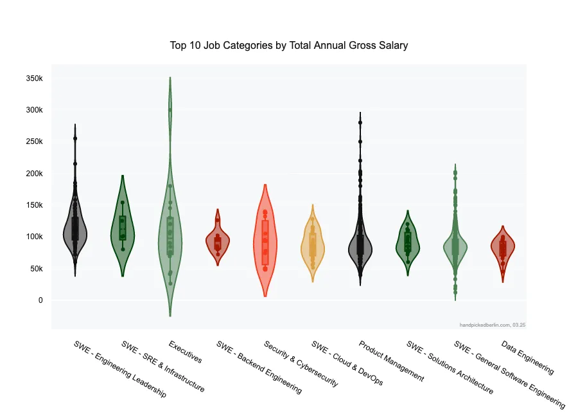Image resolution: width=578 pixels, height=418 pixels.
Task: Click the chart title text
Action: pos(289,46)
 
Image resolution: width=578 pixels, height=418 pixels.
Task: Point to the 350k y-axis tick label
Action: pos(33,78)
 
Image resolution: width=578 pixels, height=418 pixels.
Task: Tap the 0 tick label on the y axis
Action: pos(40,300)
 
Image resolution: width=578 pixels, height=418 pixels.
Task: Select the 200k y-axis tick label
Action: pos(33,174)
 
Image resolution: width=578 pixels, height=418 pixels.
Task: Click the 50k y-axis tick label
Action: pos(35,269)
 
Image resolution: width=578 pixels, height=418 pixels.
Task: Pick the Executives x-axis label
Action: pos(185,352)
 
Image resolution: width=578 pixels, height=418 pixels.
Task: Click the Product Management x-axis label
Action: pos(391,361)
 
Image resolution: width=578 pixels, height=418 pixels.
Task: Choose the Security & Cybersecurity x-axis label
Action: pos(301,363)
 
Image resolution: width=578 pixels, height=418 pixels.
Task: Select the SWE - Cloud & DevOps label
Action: pos(347,363)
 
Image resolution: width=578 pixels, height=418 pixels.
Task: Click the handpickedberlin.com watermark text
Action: pos(493,325)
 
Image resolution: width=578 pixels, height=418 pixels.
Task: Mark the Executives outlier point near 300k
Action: pos(170,110)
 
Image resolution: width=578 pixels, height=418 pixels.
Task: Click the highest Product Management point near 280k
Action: pos(360,122)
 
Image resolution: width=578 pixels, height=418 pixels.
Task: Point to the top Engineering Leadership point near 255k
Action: pos(75,138)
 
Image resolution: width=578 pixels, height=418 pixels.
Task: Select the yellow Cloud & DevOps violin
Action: pos(313,244)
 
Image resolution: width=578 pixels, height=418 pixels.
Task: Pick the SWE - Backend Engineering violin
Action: pos(218,242)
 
